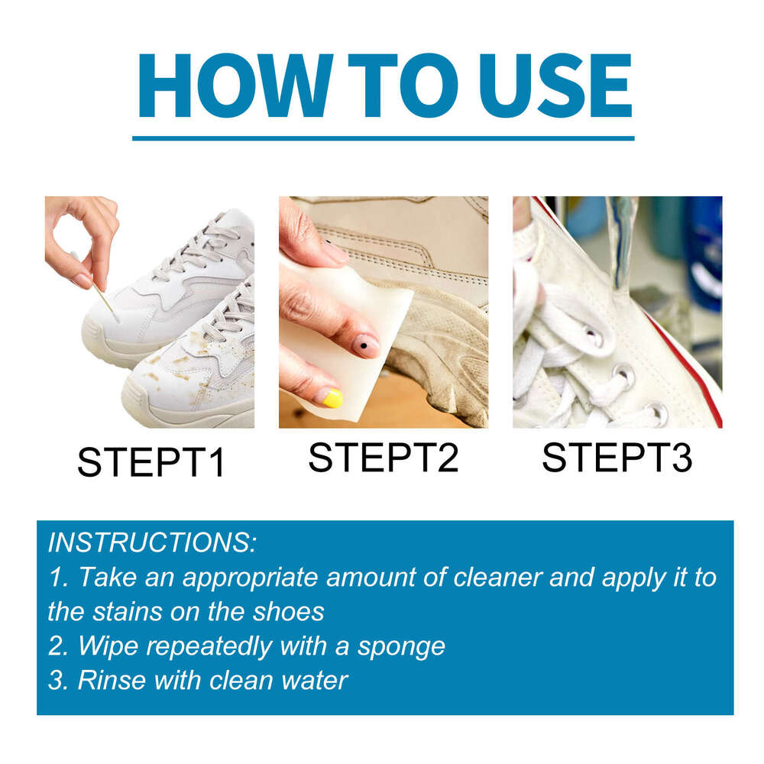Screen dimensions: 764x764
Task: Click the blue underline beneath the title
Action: pyautogui.click(x=383, y=138)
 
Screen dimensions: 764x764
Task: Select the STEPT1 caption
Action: pyautogui.click(x=151, y=463)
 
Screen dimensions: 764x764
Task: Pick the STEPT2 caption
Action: pyautogui.click(x=384, y=458)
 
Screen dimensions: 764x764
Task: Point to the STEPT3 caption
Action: pyautogui.click(x=617, y=458)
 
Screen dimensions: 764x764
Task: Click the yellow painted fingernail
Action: pyautogui.click(x=330, y=397)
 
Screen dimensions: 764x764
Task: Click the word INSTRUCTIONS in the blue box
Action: pyautogui.click(x=152, y=543)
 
